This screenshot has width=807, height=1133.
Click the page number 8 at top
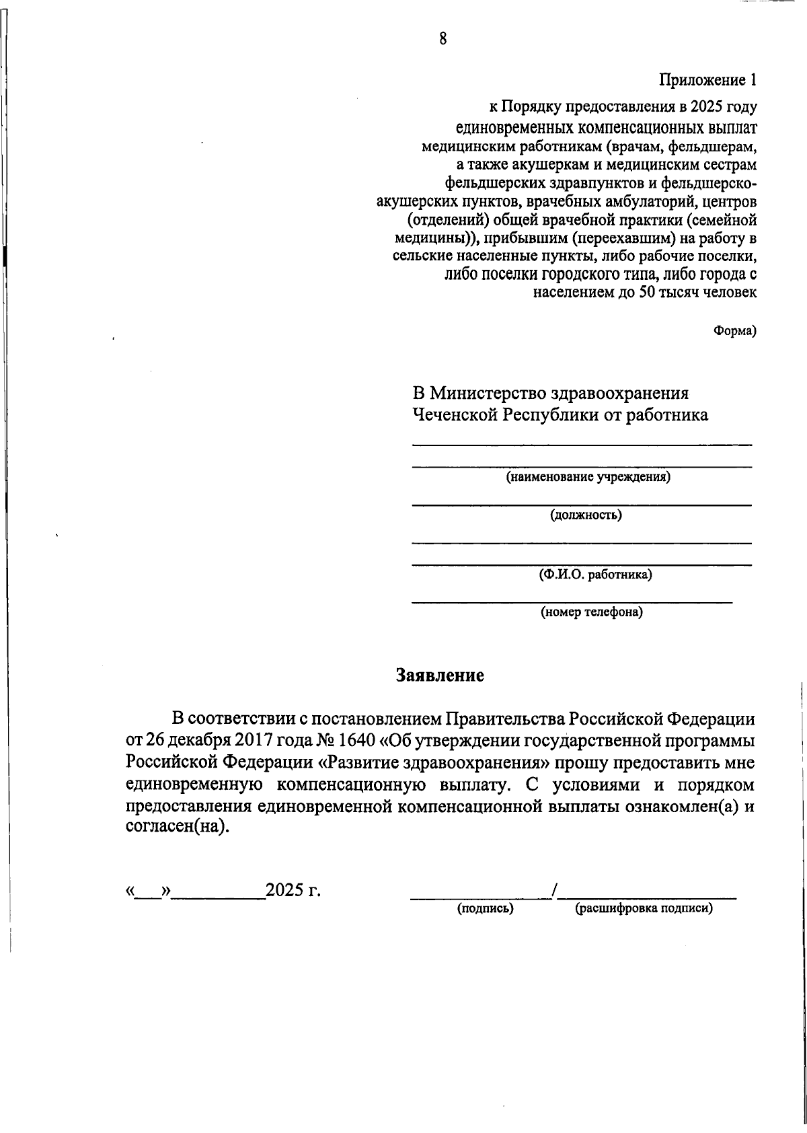coord(443,38)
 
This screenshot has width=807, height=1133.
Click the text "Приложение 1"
coord(707,81)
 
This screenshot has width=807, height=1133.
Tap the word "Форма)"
coord(734,330)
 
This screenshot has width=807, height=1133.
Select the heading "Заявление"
coord(440,675)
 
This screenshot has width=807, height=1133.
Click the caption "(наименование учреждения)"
coord(588,478)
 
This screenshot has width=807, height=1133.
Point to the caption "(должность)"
coord(585,515)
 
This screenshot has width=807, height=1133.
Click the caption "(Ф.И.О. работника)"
coord(594,575)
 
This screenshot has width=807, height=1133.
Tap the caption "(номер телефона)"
coord(592,612)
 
